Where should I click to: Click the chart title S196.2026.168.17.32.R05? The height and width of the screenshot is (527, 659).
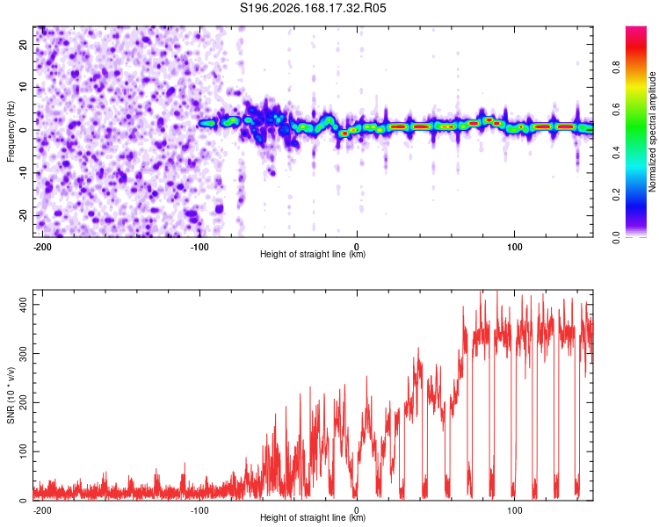pos(313,8)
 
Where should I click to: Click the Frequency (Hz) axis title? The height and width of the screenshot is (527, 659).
pos(11,132)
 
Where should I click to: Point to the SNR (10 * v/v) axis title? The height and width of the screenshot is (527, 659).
pos(11,395)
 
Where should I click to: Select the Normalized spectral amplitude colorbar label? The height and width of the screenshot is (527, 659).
pos(652,132)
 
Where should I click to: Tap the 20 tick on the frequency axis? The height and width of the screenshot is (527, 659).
pos(24,44)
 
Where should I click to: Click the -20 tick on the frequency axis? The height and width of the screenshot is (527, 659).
pos(24,215)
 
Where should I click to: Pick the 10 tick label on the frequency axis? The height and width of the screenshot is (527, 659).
pos(24,87)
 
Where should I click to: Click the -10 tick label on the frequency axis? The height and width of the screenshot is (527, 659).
pos(24,173)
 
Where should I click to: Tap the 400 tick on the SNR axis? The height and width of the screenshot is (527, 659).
pos(24,304)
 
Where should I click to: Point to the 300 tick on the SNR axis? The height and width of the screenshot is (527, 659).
pos(24,353)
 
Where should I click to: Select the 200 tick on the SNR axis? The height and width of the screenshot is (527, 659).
pos(24,402)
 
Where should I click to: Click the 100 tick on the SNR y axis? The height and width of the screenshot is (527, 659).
pos(24,451)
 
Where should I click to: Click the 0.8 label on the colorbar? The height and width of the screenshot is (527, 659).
pos(616,68)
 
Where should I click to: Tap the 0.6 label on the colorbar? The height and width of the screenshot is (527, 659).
pos(616,110)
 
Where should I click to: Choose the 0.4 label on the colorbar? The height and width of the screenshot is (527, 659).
pos(616,152)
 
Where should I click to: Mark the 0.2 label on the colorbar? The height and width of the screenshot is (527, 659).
pos(616,195)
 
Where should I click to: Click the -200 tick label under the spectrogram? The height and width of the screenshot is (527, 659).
pos(42,247)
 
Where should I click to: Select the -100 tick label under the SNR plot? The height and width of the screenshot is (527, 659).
pos(199,510)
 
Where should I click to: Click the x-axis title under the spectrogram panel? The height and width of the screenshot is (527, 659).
pos(313,254)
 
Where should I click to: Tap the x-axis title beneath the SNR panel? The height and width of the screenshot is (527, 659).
pos(313,517)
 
